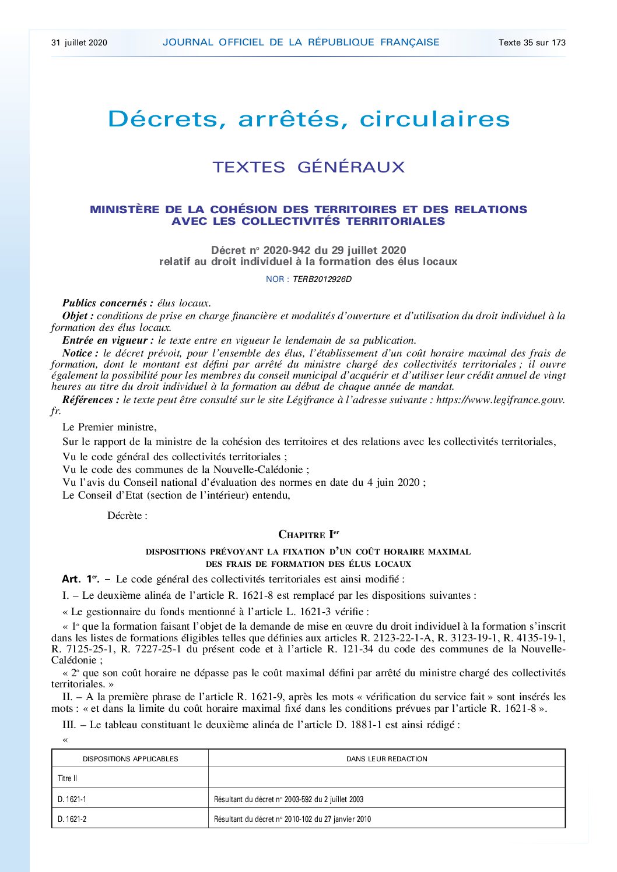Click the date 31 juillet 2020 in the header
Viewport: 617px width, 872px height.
click(x=79, y=43)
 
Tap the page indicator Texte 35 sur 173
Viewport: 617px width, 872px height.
click(x=532, y=43)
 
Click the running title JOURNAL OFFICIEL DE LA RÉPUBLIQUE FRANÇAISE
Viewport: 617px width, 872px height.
click(x=301, y=43)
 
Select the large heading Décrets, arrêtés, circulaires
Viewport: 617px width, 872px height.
click(x=308, y=119)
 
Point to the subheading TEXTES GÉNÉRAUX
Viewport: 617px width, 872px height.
click(x=308, y=167)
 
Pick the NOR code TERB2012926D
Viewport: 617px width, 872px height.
click(x=322, y=279)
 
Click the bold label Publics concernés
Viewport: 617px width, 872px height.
click(x=107, y=303)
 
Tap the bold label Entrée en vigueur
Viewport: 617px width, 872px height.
click(x=108, y=340)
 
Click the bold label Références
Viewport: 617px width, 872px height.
click(x=90, y=400)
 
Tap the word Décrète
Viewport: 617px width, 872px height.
click(x=127, y=516)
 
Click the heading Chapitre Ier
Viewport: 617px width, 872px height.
click(x=308, y=535)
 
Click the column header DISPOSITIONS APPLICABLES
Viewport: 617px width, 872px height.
click(x=130, y=759)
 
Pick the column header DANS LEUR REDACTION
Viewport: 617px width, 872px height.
click(x=387, y=759)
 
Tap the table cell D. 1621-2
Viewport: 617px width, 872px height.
click(x=72, y=819)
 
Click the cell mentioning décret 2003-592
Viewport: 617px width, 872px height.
click(x=289, y=800)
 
